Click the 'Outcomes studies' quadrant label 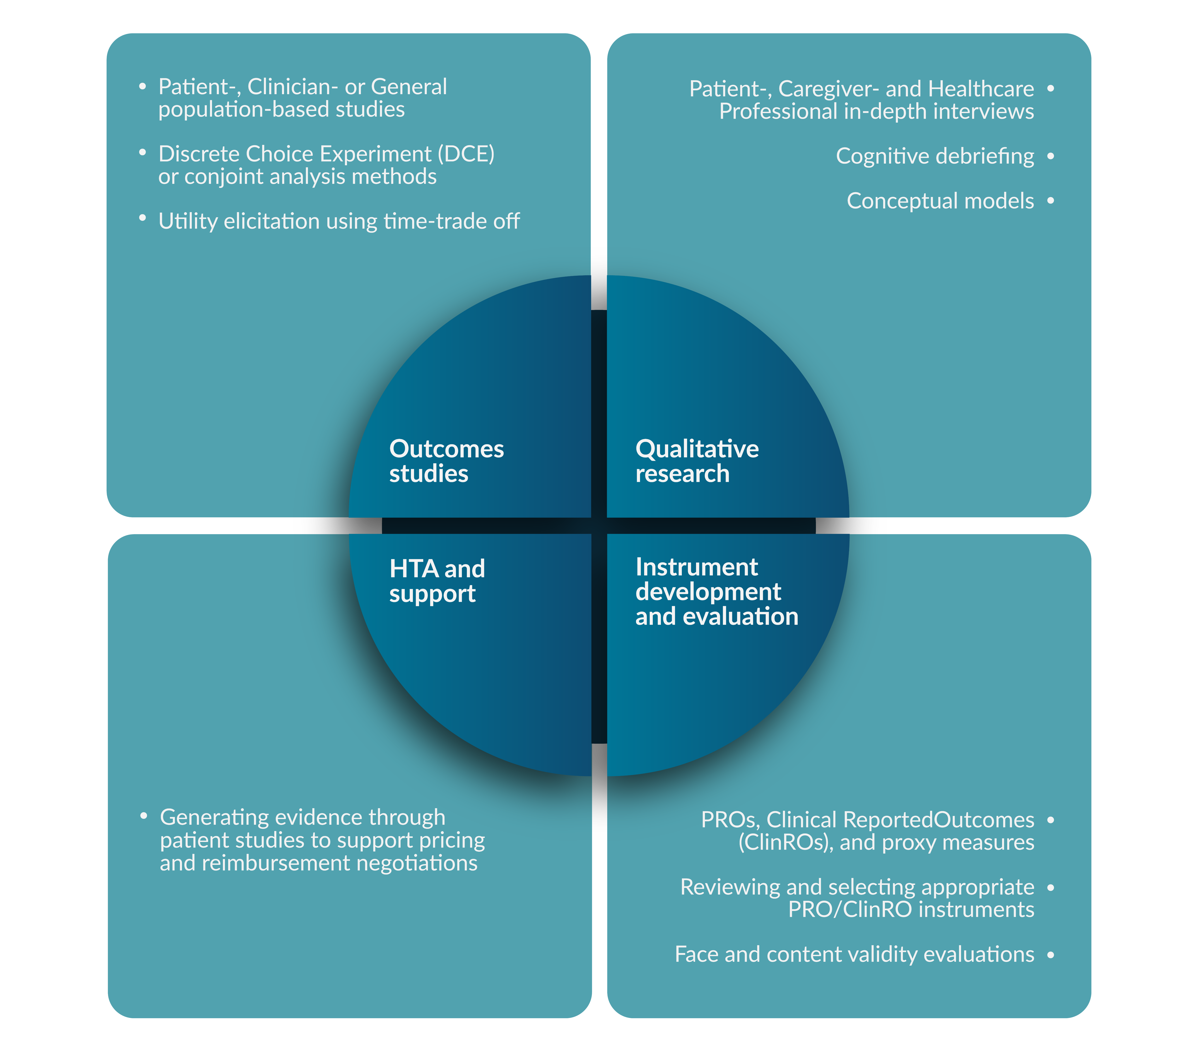point(447,461)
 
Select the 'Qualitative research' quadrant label point(697,461)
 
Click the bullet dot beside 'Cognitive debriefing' point(1051,156)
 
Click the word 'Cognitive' point(882,156)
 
